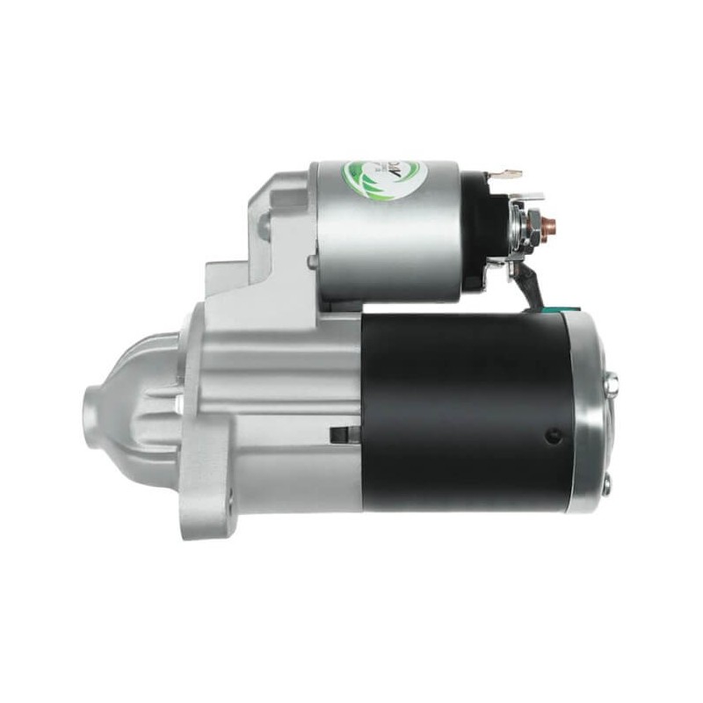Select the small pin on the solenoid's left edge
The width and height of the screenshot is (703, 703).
[x=311, y=260]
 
